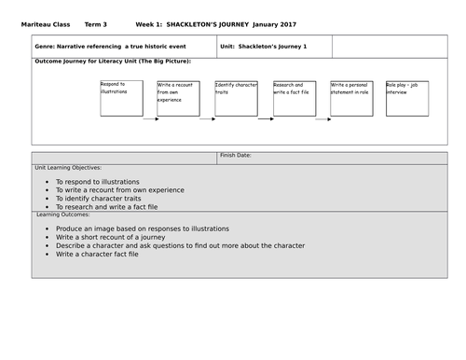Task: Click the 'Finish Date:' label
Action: (x=241, y=156)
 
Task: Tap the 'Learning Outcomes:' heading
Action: (x=71, y=214)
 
